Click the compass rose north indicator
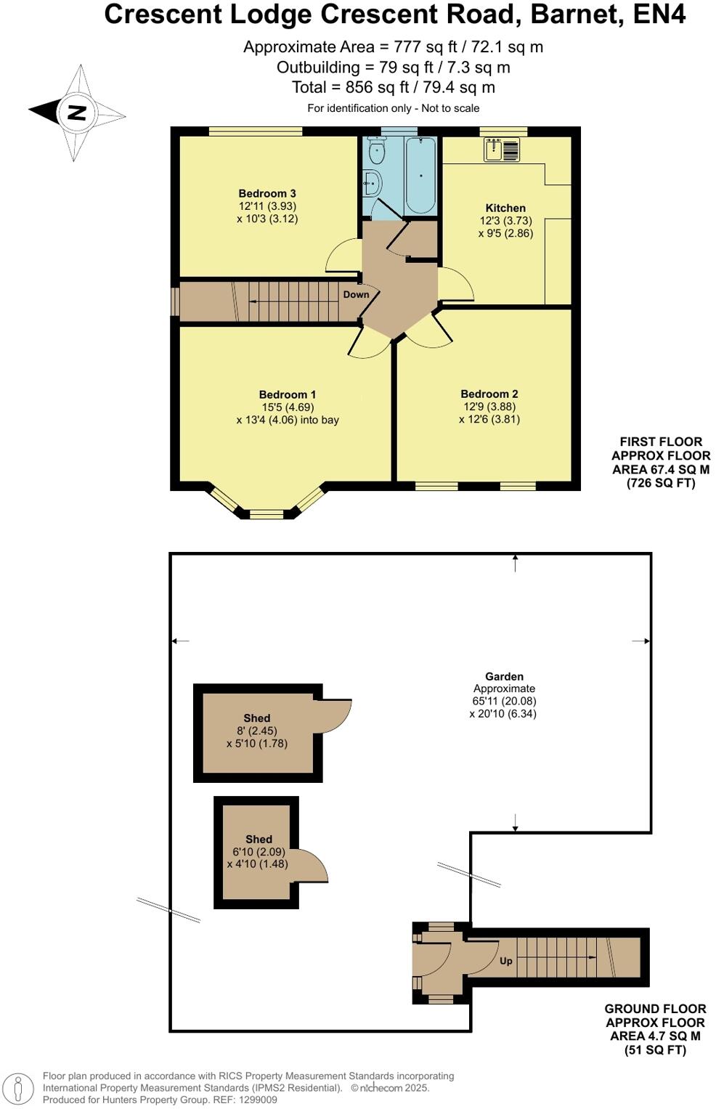[x=76, y=113]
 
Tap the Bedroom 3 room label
[x=267, y=193]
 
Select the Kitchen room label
[x=505, y=208]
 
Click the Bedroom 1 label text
[x=288, y=394]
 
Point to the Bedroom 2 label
[x=489, y=394]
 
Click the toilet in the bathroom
[x=377, y=151]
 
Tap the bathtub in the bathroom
[x=420, y=174]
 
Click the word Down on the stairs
[x=356, y=294]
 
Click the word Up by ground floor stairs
[x=506, y=961]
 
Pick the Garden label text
[x=504, y=676]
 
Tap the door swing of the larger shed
[x=335, y=715]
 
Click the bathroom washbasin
[x=371, y=184]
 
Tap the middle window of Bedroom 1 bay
[x=267, y=515]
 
